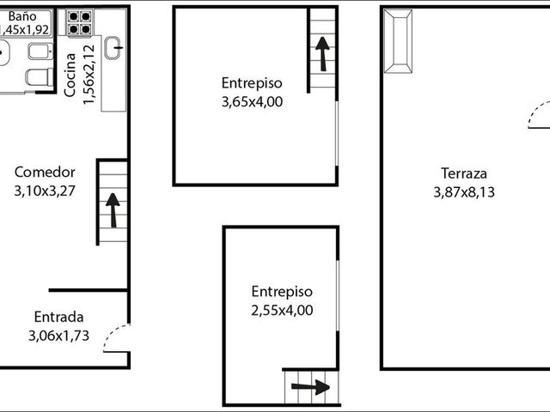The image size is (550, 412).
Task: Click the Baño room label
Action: tap(22, 16)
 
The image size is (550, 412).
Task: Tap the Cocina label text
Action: tap(70, 75)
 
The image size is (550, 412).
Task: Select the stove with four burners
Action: tap(79, 22)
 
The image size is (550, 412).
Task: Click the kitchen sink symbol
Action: tap(113, 48)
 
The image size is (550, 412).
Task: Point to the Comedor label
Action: tap(45, 172)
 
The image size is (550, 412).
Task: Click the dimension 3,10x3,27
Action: tap(45, 191)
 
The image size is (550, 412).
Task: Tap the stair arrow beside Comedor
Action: tap(113, 209)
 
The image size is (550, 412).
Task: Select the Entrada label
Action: tap(58, 317)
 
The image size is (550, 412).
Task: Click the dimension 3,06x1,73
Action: tap(58, 336)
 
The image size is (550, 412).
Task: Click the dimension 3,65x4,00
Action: tap(252, 102)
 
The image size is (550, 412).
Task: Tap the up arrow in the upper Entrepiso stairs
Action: tap(322, 54)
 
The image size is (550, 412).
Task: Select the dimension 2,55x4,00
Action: tap(282, 310)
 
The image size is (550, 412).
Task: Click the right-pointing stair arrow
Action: tap(310, 387)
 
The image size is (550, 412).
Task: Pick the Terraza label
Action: tap(464, 173)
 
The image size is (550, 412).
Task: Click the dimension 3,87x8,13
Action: tap(464, 192)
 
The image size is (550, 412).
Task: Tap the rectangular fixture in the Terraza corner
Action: tap(398, 41)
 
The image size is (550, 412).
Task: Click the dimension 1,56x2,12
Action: tap(89, 75)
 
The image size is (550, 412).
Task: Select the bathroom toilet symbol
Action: tap(40, 77)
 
